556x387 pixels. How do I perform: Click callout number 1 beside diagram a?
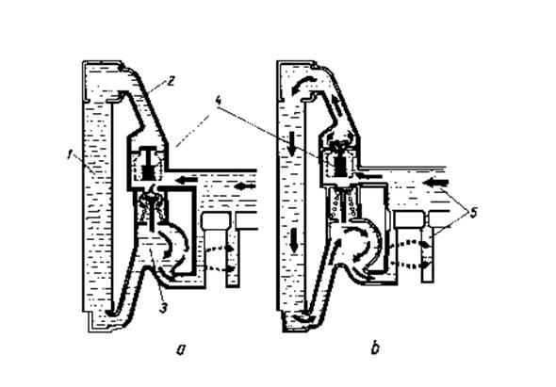coord(71,155)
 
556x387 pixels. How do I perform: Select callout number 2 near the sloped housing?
coord(171,81)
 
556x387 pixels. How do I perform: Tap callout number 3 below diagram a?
coord(163,308)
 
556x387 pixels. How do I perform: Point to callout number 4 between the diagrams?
coord(219,101)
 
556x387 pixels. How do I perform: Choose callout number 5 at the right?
coord(473,214)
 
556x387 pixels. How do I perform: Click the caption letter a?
coord(181,350)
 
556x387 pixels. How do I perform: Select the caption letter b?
coord(375,348)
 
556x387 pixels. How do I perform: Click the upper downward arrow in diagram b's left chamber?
coord(291,143)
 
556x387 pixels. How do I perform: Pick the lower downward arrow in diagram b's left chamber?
coord(294,240)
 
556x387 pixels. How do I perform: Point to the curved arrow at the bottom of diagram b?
coord(305,317)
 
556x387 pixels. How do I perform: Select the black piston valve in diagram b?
coord(341,164)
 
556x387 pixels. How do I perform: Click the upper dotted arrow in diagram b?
coord(411,244)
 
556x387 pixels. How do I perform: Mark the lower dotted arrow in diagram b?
coord(411,265)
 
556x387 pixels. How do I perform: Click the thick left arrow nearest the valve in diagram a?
coord(188,180)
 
